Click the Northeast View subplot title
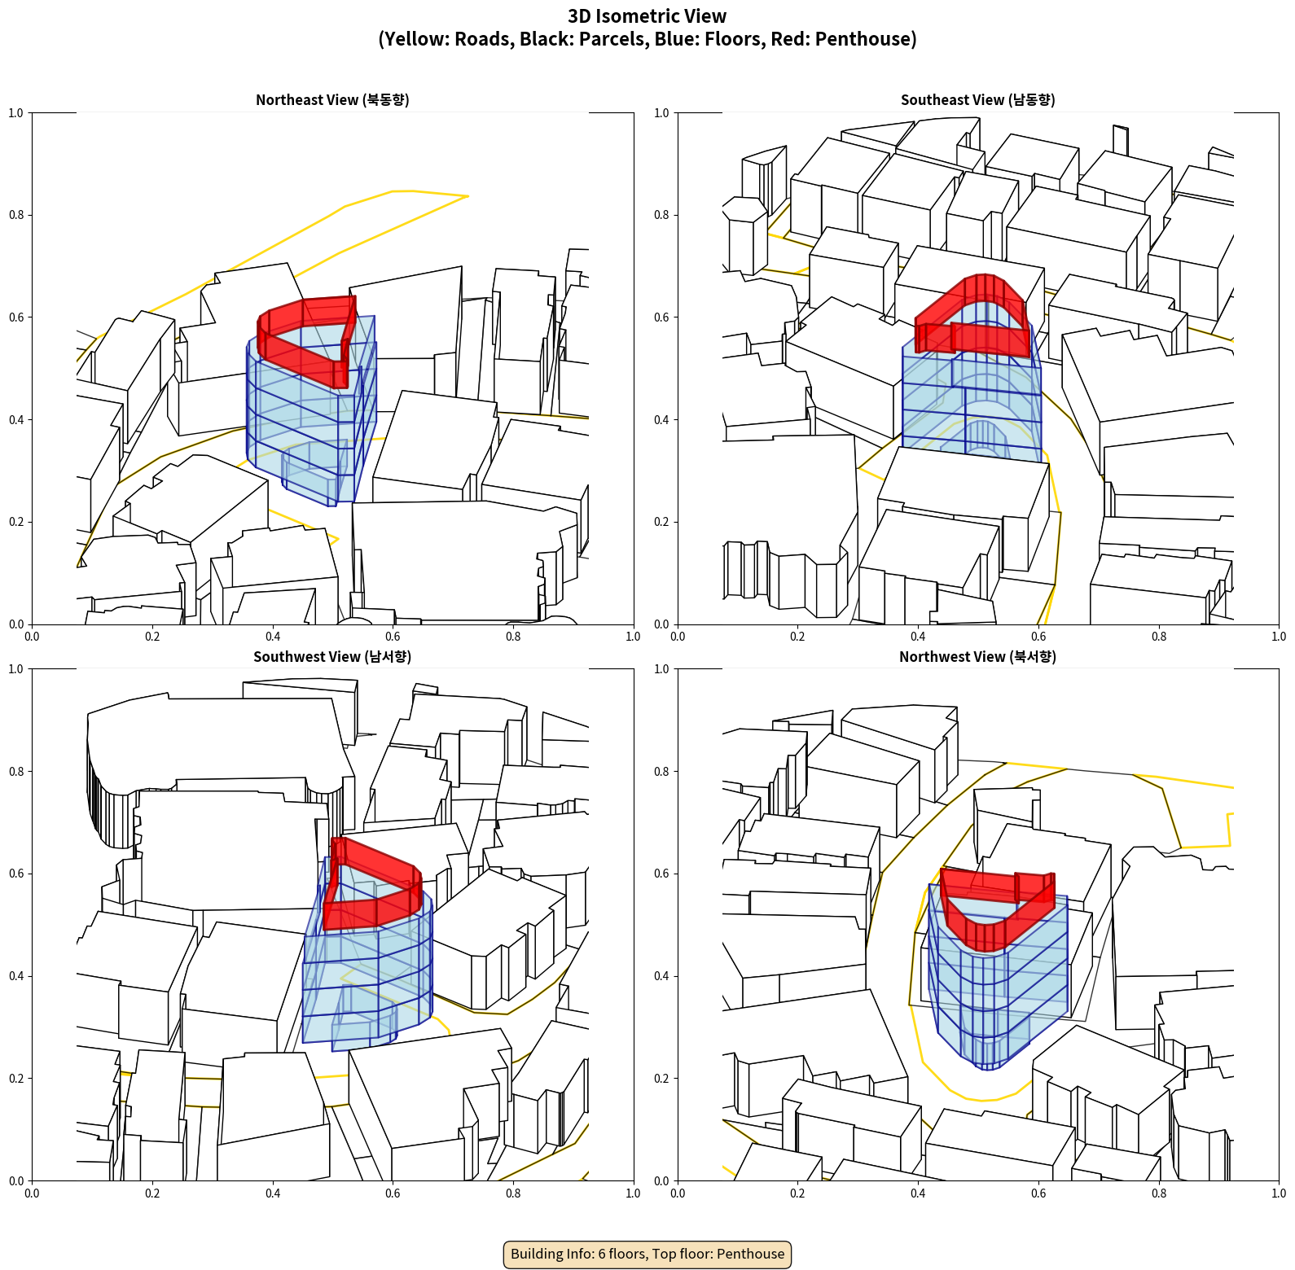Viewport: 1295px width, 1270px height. tap(332, 99)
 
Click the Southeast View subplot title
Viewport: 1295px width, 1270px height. tap(977, 99)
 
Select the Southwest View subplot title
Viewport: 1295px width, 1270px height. tap(332, 656)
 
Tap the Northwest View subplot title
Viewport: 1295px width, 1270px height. tap(977, 656)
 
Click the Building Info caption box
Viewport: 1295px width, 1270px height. tap(647, 1254)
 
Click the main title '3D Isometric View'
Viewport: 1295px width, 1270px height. tap(647, 16)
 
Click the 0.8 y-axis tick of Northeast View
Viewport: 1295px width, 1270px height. tap(16, 215)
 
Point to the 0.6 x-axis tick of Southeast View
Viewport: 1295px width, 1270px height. tap(1038, 636)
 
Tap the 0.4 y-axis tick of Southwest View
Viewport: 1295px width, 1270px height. tap(16, 975)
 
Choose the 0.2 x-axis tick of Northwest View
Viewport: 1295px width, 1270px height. tap(797, 1193)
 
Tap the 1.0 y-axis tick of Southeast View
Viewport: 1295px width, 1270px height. tap(661, 112)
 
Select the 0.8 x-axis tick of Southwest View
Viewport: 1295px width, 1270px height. tap(513, 1193)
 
